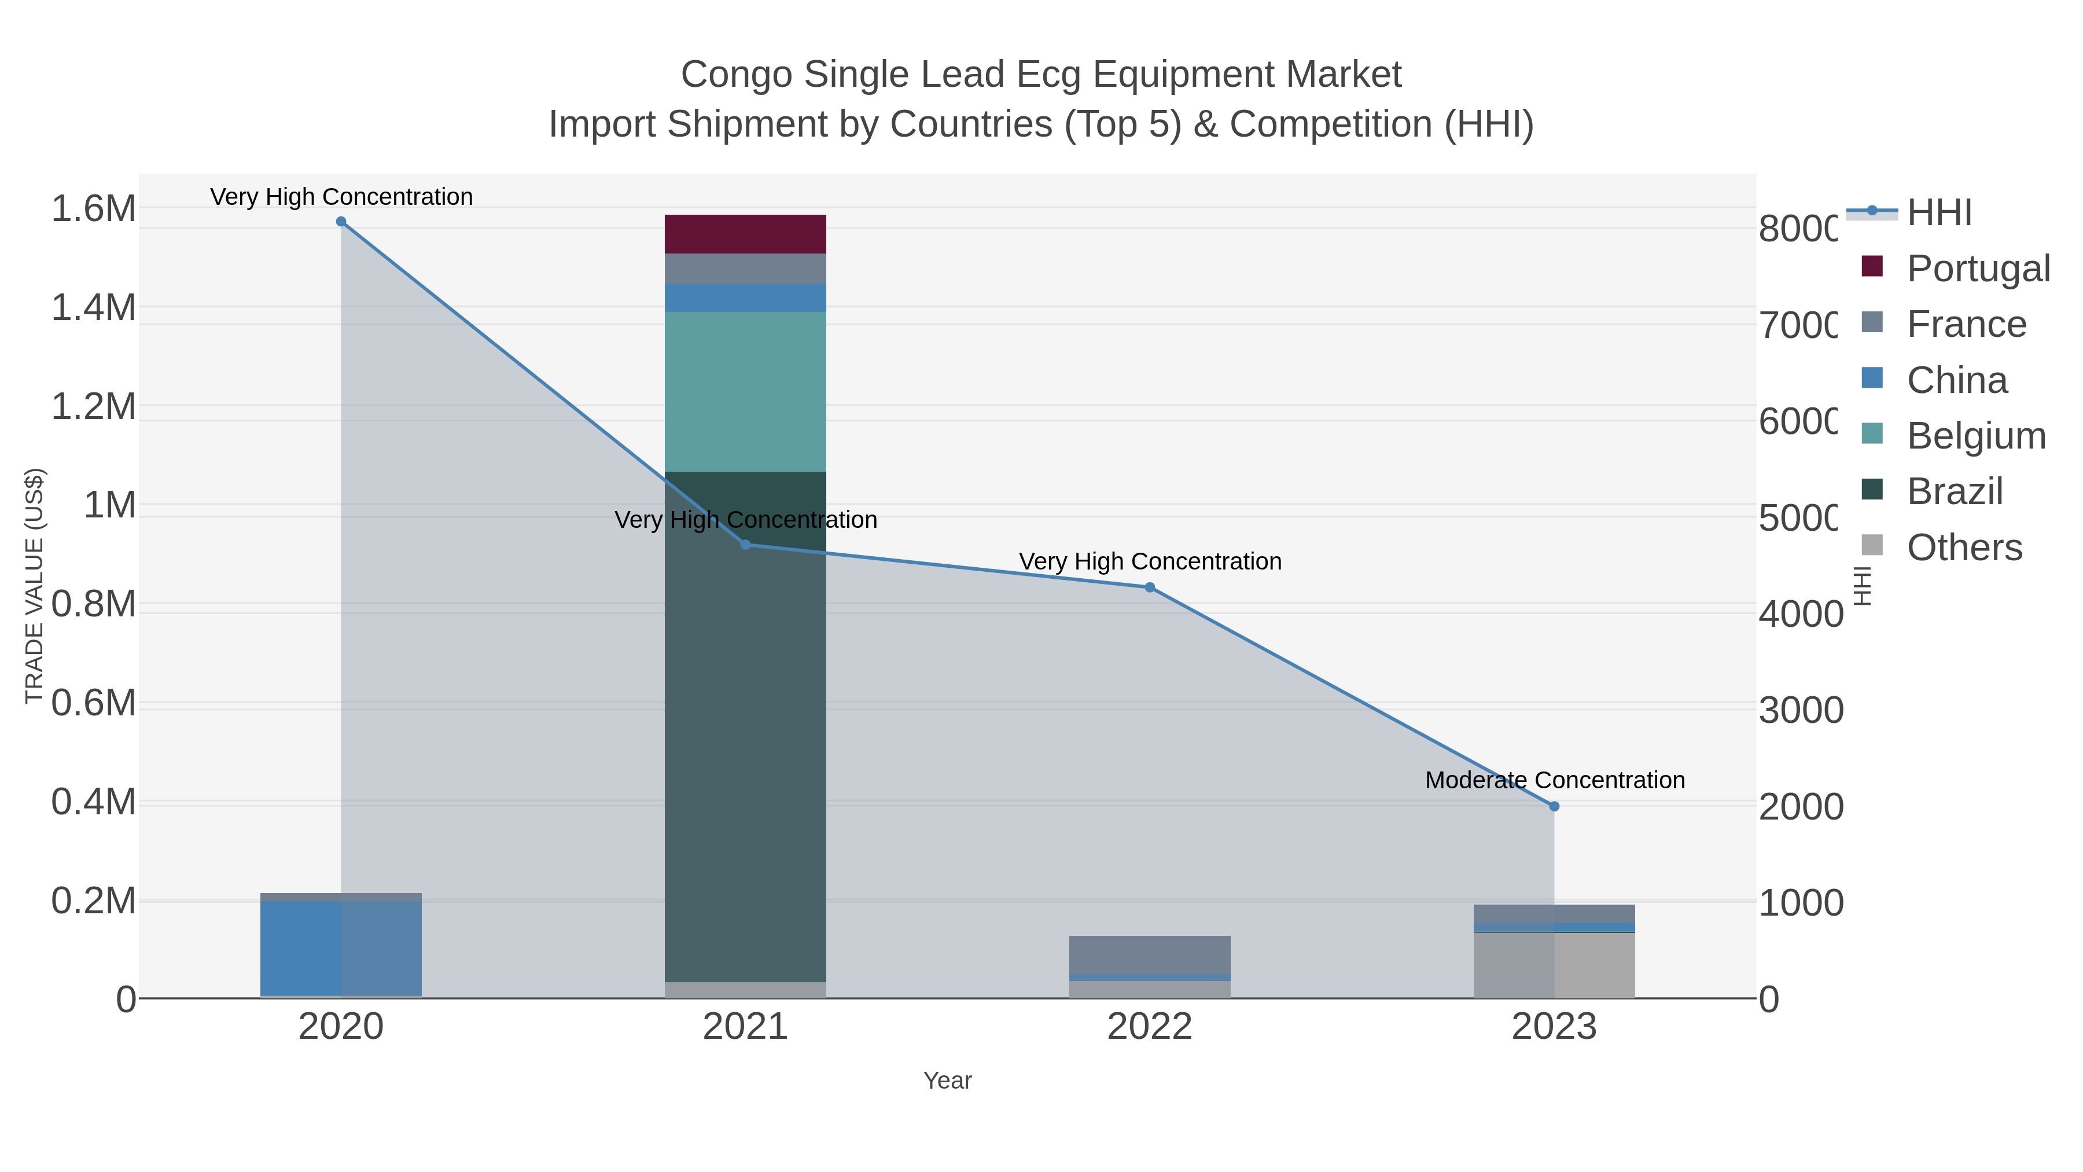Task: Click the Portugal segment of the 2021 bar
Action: [x=745, y=234]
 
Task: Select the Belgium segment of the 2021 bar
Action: [x=745, y=391]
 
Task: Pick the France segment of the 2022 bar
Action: [x=1149, y=954]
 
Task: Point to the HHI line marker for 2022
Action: [x=1149, y=587]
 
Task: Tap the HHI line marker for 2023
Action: [x=1554, y=806]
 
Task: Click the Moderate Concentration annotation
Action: [x=1554, y=781]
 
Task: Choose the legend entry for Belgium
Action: [x=1975, y=436]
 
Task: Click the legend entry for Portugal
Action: [x=1978, y=269]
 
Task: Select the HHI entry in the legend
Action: [x=1939, y=213]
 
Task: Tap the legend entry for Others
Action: [x=1964, y=548]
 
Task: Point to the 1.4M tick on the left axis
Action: [x=94, y=308]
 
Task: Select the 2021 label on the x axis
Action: [x=745, y=1027]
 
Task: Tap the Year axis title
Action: [x=947, y=1081]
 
